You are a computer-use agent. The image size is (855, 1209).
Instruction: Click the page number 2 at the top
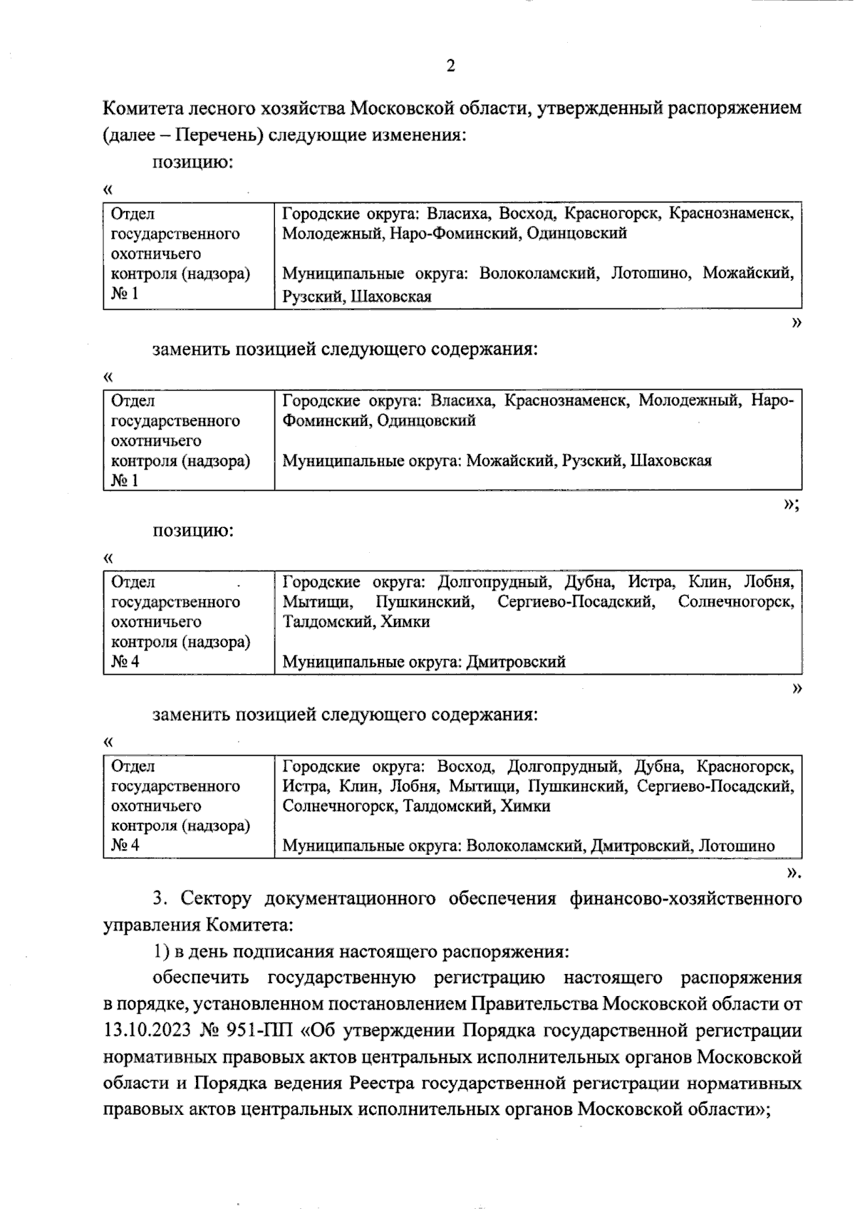[x=450, y=66]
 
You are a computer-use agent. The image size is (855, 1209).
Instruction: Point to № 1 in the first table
[x=125, y=294]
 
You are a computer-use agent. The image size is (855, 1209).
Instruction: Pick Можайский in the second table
[x=512, y=460]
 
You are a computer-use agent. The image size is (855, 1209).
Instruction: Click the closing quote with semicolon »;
[x=792, y=504]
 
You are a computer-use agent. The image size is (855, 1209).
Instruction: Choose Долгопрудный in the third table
[x=494, y=581]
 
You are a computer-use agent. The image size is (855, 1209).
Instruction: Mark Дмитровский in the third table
[x=516, y=662]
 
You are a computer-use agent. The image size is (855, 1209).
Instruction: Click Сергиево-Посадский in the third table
[x=576, y=601]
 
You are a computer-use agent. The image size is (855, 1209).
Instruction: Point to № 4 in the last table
[x=125, y=846]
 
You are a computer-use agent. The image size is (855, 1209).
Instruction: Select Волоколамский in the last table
[x=525, y=846]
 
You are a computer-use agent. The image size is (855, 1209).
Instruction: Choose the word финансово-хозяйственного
[x=685, y=898]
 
